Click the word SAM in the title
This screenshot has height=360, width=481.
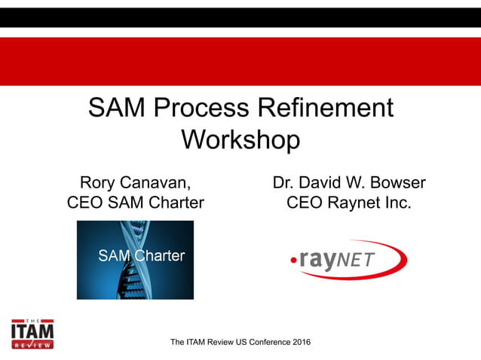118,108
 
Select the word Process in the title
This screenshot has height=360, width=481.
200,108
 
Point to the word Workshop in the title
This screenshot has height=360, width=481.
240,140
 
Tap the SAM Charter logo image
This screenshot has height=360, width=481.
135,259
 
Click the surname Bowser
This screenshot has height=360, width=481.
395,183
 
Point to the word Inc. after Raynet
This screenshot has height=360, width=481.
397,203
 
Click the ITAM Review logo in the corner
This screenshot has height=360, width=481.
32,331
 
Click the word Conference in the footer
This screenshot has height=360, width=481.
260,343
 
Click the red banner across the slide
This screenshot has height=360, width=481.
240,61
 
